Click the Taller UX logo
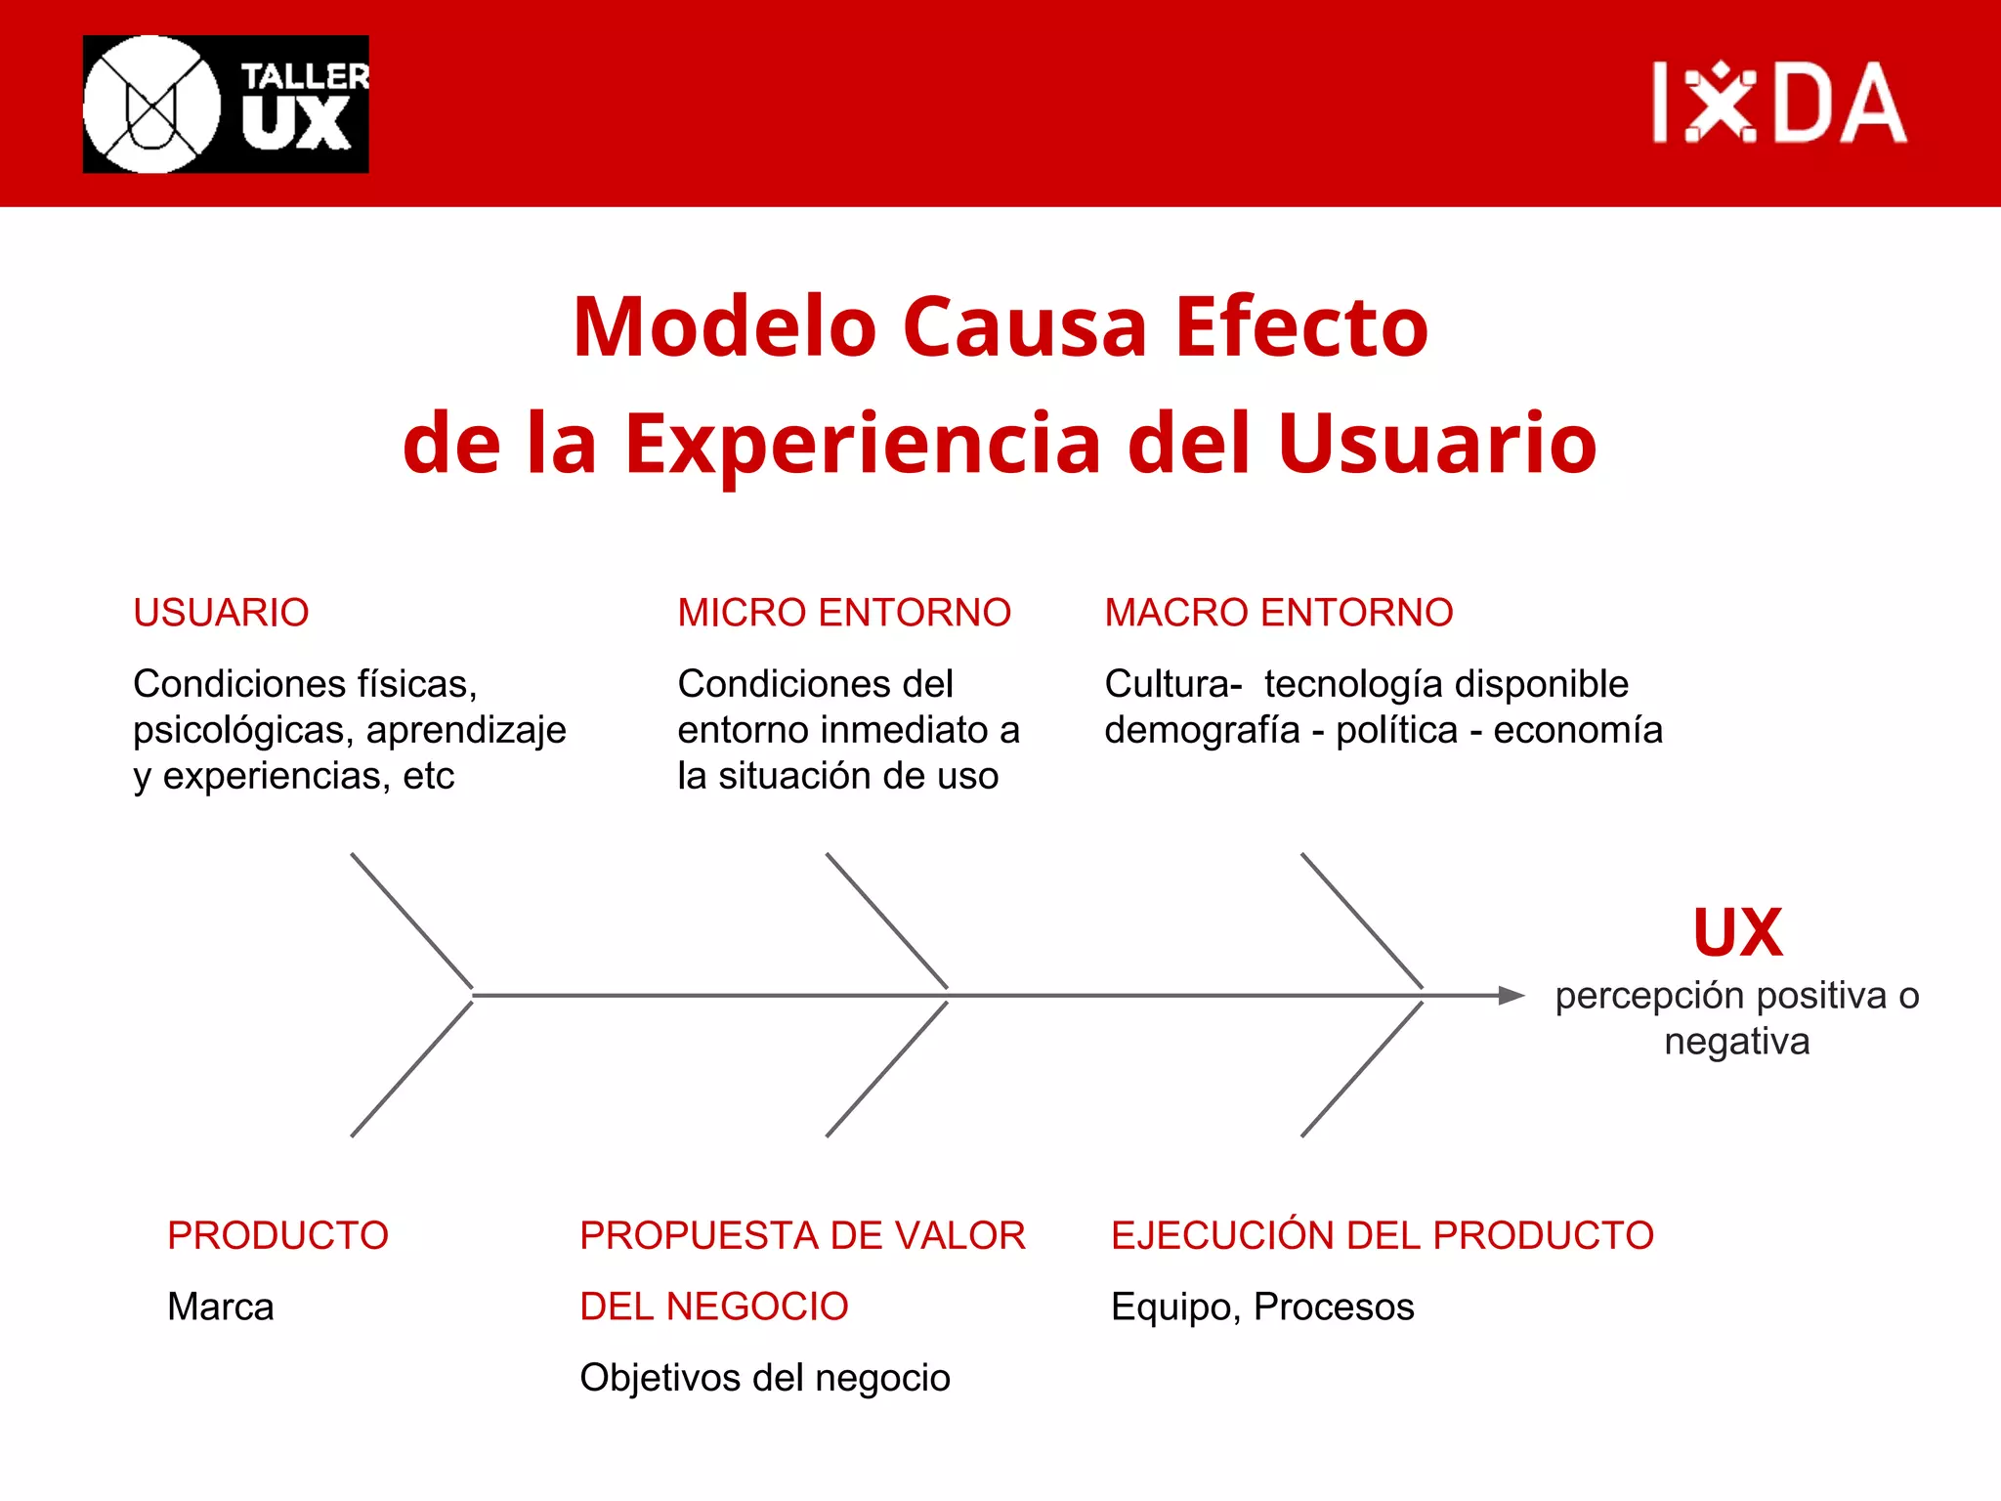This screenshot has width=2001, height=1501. [x=226, y=105]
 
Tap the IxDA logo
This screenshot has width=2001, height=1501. [x=1778, y=103]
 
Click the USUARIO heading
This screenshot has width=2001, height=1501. [x=221, y=613]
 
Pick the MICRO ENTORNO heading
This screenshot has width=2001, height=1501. [x=844, y=613]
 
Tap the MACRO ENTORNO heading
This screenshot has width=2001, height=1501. [x=1278, y=613]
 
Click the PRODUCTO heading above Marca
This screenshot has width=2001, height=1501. [x=277, y=1235]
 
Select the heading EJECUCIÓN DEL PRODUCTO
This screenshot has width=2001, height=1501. [x=1382, y=1235]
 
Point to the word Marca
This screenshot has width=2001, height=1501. [x=221, y=1307]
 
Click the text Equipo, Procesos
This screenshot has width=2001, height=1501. [x=1262, y=1307]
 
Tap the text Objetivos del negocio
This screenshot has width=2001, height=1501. [x=764, y=1378]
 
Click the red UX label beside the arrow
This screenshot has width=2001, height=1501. [x=1737, y=933]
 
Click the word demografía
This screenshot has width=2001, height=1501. [x=1202, y=731]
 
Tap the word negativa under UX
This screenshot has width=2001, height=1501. [x=1737, y=1042]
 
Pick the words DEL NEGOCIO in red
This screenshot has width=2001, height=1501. [x=713, y=1307]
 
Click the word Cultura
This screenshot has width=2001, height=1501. [x=1169, y=684]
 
